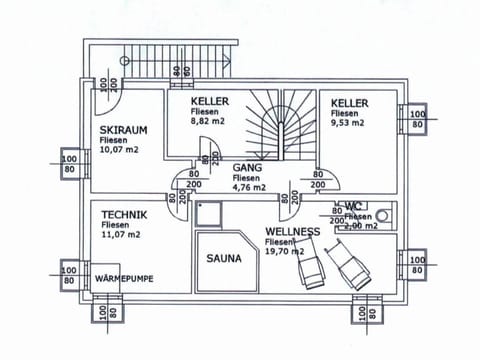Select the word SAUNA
coord(224,258)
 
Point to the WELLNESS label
coord(292,232)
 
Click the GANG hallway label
coord(247,168)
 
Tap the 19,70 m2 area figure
coord(284,253)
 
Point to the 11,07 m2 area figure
coord(120,236)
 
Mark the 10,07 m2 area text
coord(119,150)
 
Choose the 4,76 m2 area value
coord(248,187)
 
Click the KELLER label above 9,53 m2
coord(350,103)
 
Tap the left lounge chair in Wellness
coord(313,268)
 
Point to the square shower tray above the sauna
coord(209,213)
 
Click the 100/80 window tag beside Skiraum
coord(69,164)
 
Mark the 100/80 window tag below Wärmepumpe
coord(108,313)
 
